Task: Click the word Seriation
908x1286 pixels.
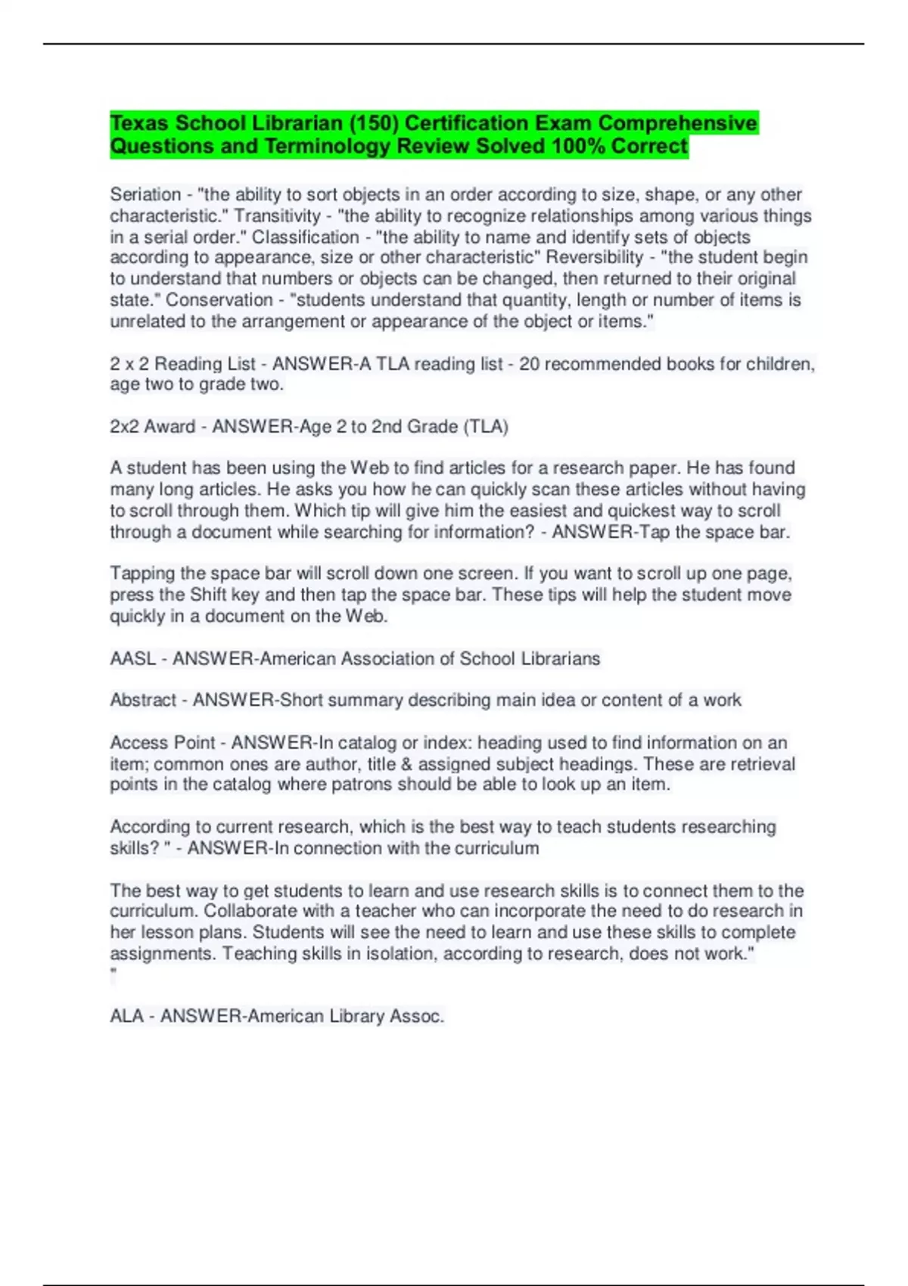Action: click(x=145, y=194)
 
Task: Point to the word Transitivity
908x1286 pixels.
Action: click(x=277, y=216)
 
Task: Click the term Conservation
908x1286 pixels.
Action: click(x=219, y=300)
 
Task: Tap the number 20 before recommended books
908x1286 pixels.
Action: click(x=529, y=364)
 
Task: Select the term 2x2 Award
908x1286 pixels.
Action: click(x=152, y=427)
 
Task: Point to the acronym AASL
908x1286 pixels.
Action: click(x=132, y=659)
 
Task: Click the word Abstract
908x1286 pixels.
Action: click(x=143, y=700)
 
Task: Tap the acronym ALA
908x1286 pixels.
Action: click(x=126, y=1016)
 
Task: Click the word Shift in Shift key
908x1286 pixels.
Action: click(x=207, y=595)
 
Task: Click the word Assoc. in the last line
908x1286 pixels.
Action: click(x=416, y=1016)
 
